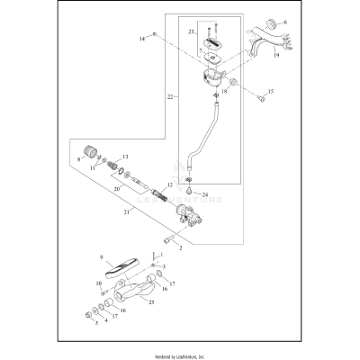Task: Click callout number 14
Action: coord(142,40)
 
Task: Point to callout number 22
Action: coord(170,96)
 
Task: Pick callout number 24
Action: coord(205,193)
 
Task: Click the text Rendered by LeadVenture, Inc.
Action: coord(180,355)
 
